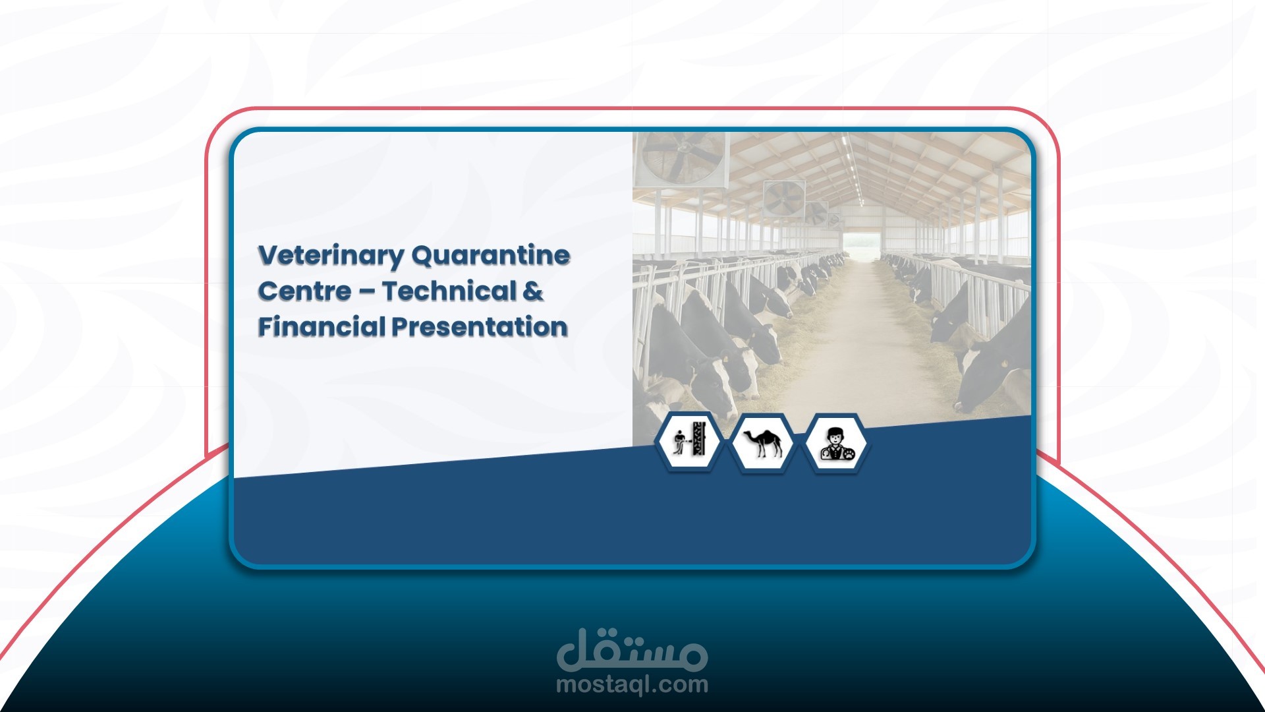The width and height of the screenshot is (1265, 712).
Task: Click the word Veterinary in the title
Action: (330, 256)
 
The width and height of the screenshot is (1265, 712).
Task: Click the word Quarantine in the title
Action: (491, 256)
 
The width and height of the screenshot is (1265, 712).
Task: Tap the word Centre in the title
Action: (304, 291)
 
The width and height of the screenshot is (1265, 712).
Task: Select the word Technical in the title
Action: (449, 291)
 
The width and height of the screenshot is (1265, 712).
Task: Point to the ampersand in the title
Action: (533, 291)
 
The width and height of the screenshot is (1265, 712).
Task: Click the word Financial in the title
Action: (322, 327)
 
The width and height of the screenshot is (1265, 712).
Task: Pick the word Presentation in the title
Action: (480, 327)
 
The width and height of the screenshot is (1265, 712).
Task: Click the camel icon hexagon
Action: (762, 442)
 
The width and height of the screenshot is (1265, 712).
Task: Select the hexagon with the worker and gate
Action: (689, 442)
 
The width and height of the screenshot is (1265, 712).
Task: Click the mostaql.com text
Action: (632, 684)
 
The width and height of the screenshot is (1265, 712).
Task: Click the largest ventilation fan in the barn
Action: (682, 158)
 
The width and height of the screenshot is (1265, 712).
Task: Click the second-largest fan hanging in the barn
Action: (783, 198)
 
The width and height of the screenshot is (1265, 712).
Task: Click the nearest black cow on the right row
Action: (995, 369)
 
